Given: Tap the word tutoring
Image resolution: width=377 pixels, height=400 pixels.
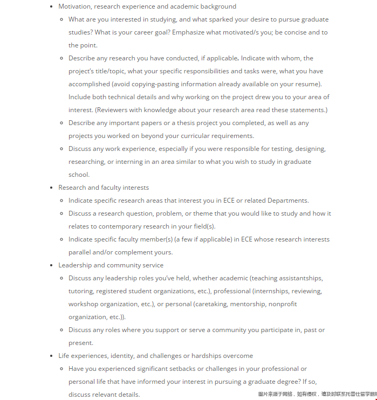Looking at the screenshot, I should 80,291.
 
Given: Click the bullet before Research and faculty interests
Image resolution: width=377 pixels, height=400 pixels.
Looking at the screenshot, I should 52,188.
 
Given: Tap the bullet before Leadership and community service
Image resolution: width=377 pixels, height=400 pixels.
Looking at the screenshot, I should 52,265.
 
